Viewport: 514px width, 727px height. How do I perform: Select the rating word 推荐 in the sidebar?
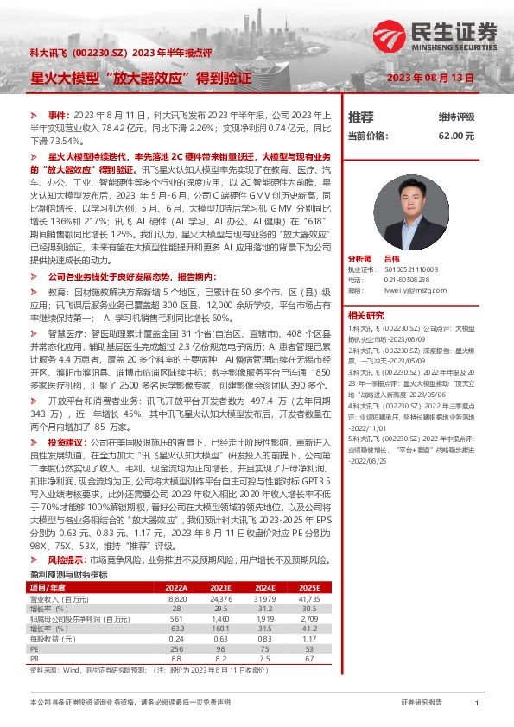[360, 117]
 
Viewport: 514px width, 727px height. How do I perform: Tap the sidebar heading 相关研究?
[365, 315]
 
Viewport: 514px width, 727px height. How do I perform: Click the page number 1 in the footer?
[477, 705]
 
